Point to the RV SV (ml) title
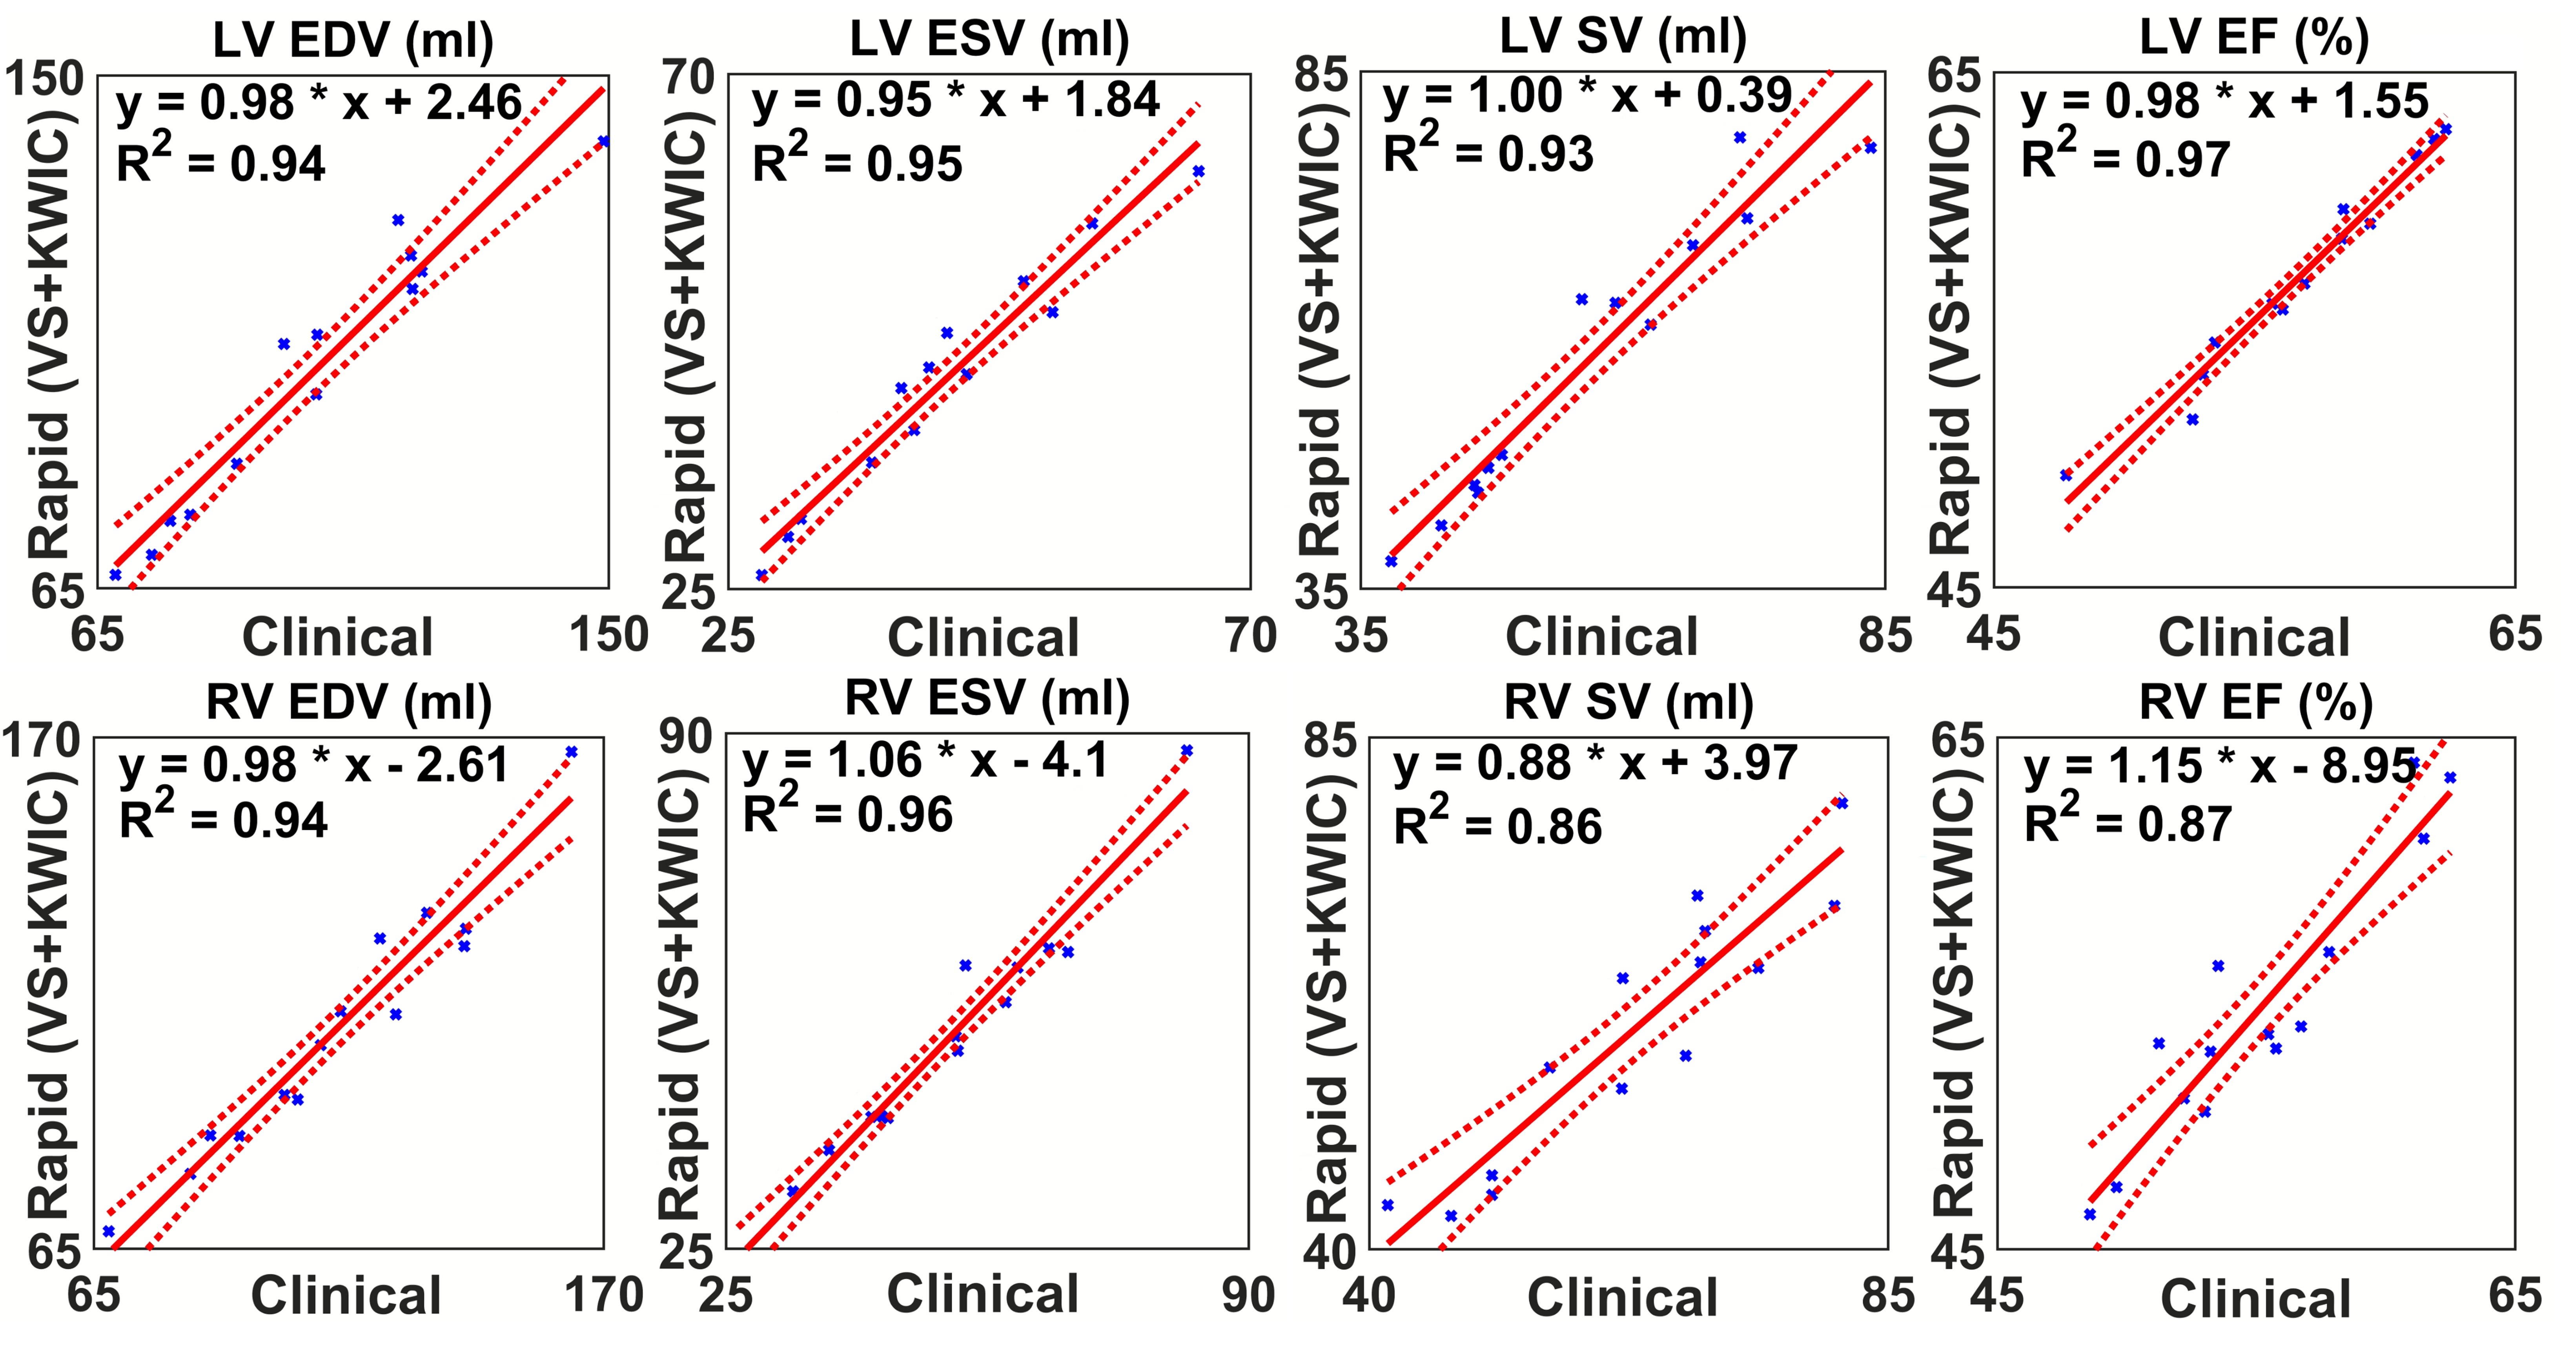click(x=1628, y=702)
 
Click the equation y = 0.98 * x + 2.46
click(x=318, y=102)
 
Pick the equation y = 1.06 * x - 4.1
click(x=925, y=762)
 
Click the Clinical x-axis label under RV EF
click(x=2255, y=1298)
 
